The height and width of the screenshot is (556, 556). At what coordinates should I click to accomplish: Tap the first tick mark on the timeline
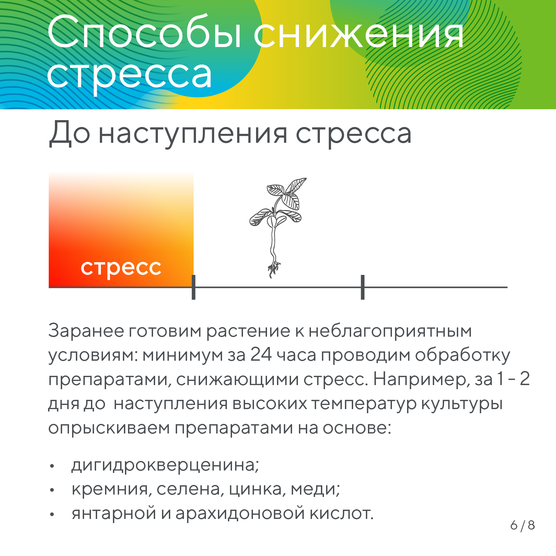point(194,287)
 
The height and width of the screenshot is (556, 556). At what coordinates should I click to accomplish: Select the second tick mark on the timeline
point(362,287)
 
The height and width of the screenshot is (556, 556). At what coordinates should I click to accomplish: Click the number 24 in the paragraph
point(261,355)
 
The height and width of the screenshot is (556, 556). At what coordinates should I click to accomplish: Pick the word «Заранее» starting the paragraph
point(86,331)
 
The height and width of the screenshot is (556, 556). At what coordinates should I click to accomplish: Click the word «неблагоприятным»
point(390,331)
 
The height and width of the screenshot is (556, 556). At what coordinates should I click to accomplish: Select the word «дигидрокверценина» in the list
point(165,465)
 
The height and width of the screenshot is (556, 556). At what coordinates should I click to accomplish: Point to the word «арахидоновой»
point(240,513)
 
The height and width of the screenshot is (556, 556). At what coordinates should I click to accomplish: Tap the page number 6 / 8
point(522,525)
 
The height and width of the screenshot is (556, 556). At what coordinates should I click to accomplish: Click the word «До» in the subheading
point(70,134)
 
